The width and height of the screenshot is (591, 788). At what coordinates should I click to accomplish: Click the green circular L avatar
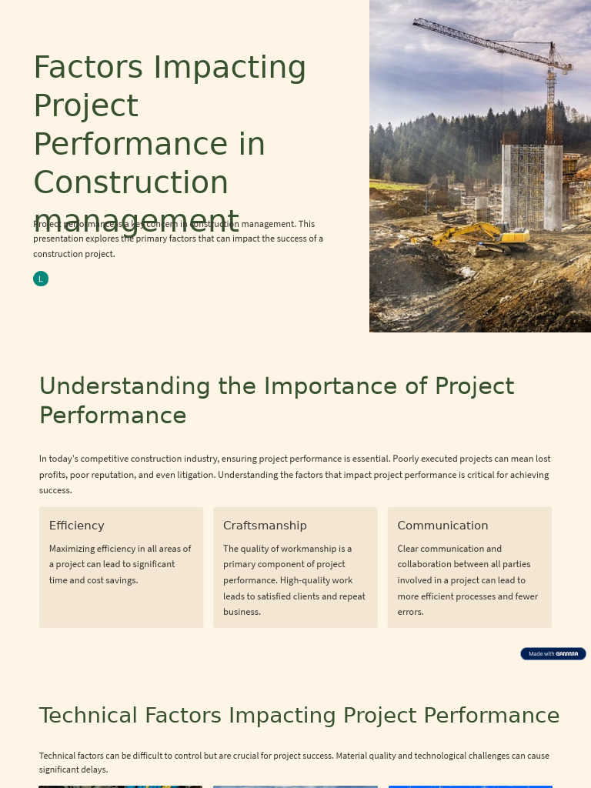point(41,279)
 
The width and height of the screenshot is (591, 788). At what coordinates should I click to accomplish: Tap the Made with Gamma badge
point(553,653)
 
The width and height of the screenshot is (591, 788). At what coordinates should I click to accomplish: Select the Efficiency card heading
point(76,526)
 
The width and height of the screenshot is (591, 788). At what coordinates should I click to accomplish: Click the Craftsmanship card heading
point(265,526)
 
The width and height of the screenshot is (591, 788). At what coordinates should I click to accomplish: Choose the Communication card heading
point(442,526)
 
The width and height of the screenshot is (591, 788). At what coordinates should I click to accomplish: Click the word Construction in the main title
point(131,183)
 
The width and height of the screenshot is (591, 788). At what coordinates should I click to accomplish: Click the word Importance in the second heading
point(326,386)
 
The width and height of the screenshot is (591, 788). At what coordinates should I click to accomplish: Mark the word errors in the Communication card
point(411,612)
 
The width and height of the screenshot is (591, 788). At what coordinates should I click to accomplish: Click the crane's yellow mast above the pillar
point(551,108)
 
